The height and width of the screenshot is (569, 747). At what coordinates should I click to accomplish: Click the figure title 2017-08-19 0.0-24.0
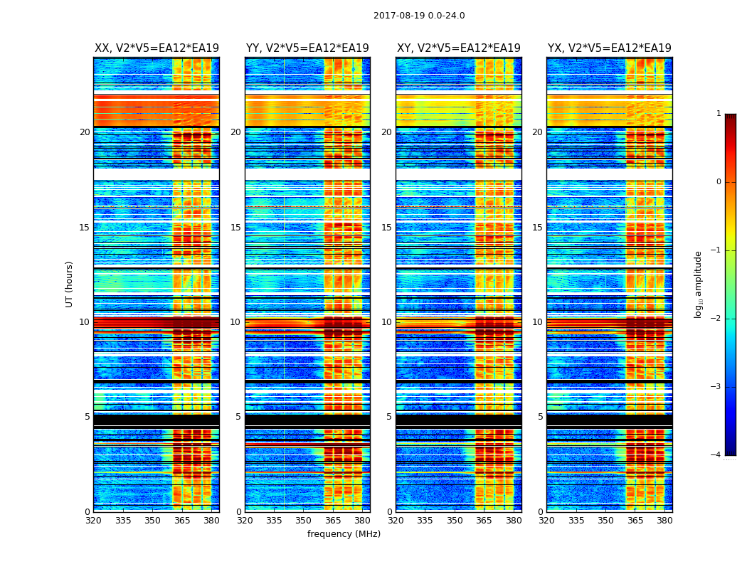419,16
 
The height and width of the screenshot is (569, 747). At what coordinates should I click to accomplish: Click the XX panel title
157,48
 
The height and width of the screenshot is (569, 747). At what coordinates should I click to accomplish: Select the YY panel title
307,48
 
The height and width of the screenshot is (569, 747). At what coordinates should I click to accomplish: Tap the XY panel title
459,48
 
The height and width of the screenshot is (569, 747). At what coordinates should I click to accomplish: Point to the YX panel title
610,48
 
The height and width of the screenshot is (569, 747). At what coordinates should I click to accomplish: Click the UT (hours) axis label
70,284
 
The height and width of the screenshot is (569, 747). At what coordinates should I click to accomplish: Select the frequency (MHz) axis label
344,534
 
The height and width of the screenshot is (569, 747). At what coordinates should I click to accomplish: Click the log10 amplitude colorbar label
699,284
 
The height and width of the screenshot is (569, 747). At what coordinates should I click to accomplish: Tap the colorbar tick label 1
719,114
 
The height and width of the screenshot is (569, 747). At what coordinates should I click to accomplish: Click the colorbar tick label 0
719,182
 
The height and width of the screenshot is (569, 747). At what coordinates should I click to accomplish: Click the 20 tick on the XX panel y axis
85,132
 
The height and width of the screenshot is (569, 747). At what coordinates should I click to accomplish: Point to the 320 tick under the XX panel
93,521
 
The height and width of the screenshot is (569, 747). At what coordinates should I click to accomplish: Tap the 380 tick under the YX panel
664,521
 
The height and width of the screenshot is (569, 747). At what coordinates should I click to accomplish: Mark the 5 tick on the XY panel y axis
389,417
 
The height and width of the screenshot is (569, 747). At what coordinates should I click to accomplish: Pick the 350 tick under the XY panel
455,521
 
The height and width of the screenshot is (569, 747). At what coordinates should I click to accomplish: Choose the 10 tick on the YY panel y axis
235,322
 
